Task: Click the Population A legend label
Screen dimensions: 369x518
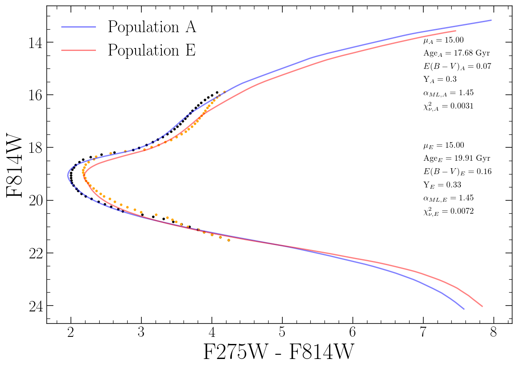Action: [x=152, y=28]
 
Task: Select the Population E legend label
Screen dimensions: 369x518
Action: [x=152, y=50]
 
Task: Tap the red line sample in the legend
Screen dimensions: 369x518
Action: [x=79, y=50]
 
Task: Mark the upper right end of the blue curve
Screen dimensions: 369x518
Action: [x=491, y=20]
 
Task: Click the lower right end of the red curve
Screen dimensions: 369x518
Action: [x=482, y=306]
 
